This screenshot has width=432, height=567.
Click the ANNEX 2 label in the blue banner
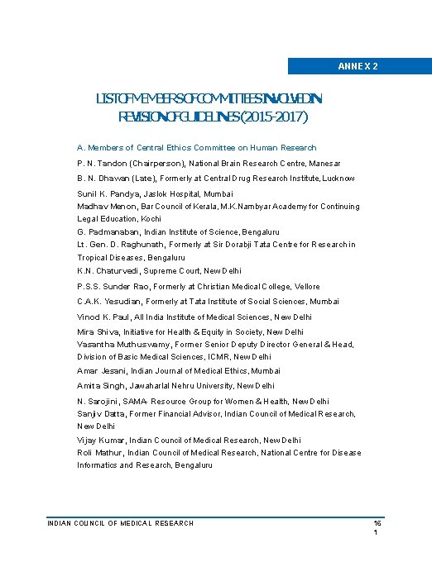(358, 65)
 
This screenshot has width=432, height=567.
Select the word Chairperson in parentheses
(157, 164)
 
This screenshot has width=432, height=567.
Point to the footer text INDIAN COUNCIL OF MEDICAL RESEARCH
(121, 523)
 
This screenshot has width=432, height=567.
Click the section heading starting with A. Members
(197, 148)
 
